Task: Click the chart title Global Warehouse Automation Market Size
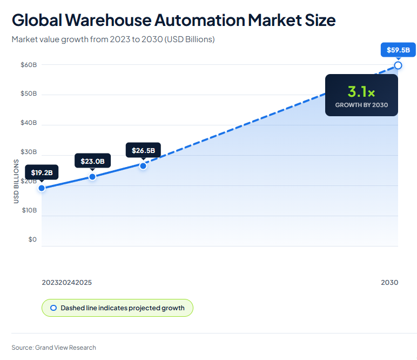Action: [x=173, y=20]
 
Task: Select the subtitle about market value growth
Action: [x=113, y=39]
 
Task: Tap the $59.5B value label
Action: [x=398, y=50]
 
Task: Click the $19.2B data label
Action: [x=42, y=172]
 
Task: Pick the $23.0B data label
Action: [x=92, y=161]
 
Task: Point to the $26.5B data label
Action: [x=143, y=150]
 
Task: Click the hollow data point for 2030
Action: [x=398, y=65]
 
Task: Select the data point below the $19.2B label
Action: [x=42, y=188]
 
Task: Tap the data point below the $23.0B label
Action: [x=92, y=177]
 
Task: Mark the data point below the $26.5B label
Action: [x=143, y=166]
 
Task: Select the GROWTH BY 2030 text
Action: [x=361, y=105]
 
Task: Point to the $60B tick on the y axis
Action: [x=29, y=65]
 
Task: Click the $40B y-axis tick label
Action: [x=29, y=123]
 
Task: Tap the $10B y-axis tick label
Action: [x=29, y=210]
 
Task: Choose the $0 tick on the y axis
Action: [x=32, y=239]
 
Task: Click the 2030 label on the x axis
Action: [x=389, y=282]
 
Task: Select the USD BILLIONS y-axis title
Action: [x=16, y=182]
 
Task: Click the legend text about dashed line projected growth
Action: [x=122, y=308]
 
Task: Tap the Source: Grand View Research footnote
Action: [x=53, y=347]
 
